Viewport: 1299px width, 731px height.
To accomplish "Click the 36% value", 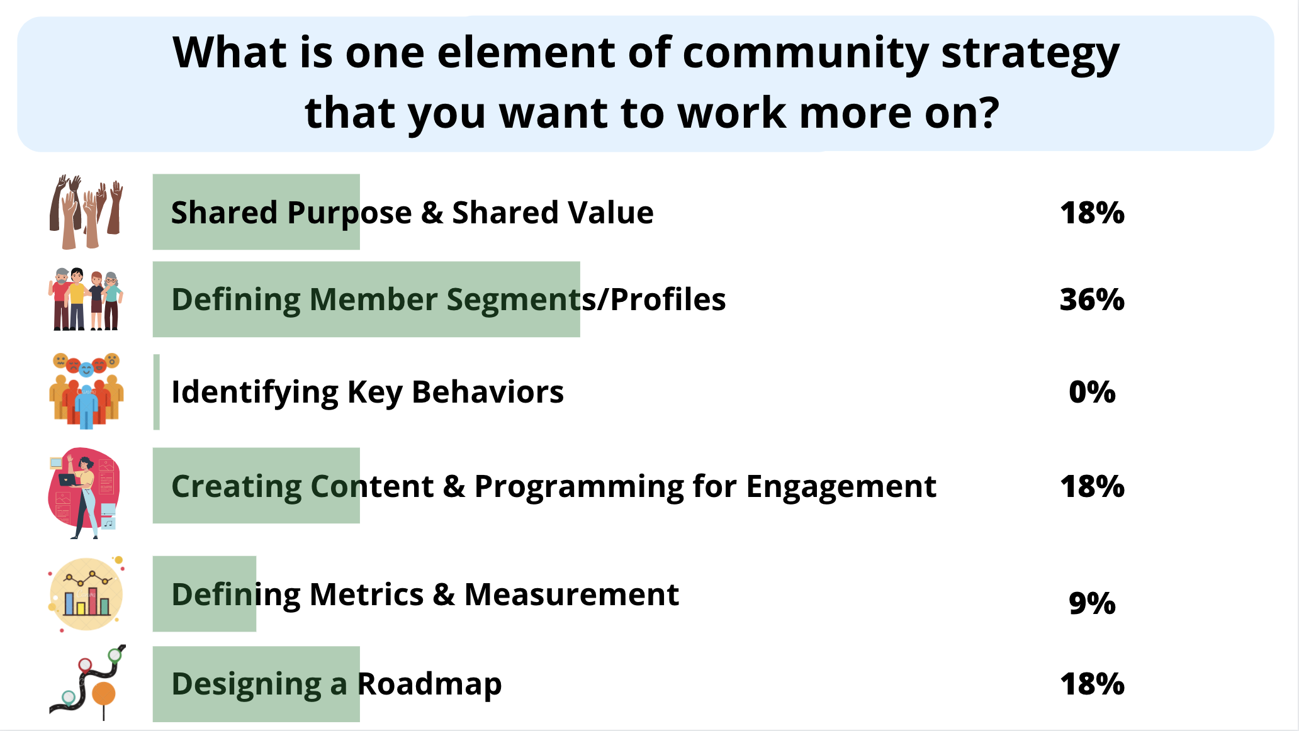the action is (1092, 299).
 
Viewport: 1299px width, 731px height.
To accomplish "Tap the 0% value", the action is (1092, 392).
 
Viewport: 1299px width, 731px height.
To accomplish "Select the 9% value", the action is (1092, 603).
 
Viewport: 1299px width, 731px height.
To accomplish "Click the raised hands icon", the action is (86, 212).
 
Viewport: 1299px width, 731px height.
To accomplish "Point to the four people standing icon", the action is (86, 299).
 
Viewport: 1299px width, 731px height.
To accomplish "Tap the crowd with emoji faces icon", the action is (86, 391).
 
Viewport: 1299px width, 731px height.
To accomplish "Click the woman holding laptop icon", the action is (84, 493).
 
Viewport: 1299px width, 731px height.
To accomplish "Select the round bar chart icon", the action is (86, 594).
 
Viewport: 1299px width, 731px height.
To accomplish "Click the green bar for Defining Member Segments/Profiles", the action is (366, 299).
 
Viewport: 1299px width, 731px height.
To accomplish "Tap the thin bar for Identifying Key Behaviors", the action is (157, 392).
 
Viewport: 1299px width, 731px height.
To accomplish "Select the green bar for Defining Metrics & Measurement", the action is (205, 594).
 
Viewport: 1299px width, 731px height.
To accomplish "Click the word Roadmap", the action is (430, 684).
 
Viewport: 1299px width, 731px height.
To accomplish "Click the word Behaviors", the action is (488, 392).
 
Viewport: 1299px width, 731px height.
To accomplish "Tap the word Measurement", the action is (571, 594).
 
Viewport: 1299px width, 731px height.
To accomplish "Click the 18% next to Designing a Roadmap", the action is (1092, 684).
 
